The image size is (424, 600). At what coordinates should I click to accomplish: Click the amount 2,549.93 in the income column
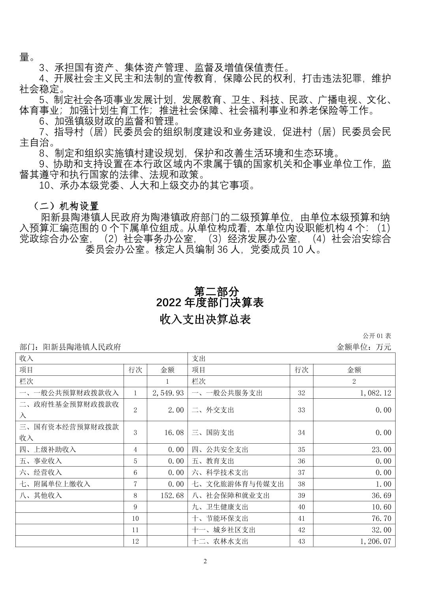168,393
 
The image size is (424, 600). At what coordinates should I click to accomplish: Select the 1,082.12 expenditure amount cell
375,393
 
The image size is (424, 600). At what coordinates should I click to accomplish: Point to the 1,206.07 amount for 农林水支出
375,541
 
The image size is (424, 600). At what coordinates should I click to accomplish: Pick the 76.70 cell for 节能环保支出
381,518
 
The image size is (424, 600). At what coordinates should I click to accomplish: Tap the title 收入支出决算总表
206,319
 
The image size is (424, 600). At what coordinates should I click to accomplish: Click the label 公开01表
377,336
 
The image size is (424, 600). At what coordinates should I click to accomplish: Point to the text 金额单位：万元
364,347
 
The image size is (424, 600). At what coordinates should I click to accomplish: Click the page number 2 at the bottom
205,562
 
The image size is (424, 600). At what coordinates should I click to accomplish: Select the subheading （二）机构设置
66,206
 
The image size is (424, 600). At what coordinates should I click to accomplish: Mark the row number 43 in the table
301,541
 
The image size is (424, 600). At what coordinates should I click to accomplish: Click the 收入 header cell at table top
26,358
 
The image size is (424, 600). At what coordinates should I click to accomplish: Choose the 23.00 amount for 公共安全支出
381,450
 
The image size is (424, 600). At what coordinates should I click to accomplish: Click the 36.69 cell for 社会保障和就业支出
381,495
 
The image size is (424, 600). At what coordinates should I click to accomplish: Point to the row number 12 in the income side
135,541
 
